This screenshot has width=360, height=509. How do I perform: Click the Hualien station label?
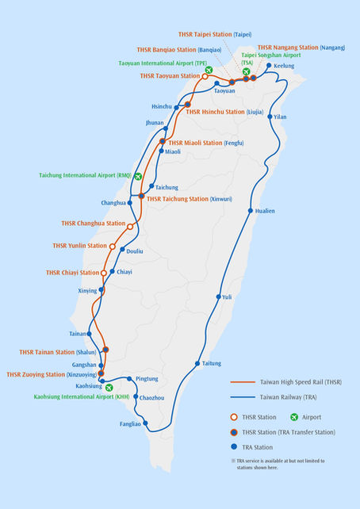click(266, 211)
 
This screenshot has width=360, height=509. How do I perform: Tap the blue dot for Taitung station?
click(197, 364)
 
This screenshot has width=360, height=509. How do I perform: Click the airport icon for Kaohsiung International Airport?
click(109, 388)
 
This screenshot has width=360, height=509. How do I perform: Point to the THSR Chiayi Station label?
click(71, 273)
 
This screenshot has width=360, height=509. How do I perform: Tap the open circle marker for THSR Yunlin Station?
click(113, 247)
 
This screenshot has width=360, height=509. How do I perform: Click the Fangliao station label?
click(131, 423)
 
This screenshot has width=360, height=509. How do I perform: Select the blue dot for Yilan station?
click(271, 117)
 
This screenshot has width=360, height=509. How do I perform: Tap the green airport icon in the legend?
click(295, 416)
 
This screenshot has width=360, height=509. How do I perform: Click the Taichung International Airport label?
click(85, 175)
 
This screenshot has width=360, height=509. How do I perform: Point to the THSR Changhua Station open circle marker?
click(130, 227)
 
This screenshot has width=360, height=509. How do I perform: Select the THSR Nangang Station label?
click(301, 48)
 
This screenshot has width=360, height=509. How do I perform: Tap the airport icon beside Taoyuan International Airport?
click(209, 70)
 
